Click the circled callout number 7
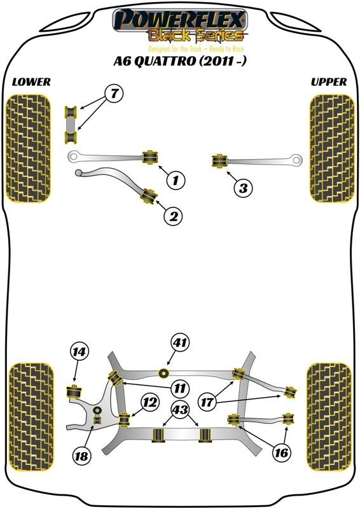(x=114, y=94)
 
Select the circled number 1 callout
(x=176, y=180)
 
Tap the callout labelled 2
(x=174, y=216)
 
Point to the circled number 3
(x=243, y=188)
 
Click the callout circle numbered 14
(x=79, y=352)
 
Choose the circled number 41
(x=180, y=342)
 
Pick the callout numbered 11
(x=179, y=388)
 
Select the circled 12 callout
(x=150, y=403)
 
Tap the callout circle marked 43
(x=180, y=410)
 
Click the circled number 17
(x=207, y=403)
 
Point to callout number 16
(x=281, y=452)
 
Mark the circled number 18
(x=81, y=456)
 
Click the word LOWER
(x=32, y=82)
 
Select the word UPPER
(x=329, y=82)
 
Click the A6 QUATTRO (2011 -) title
(x=179, y=60)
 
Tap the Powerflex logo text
(x=179, y=20)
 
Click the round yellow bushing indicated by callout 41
(x=164, y=373)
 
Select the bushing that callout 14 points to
(x=74, y=391)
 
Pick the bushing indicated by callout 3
(x=219, y=162)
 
